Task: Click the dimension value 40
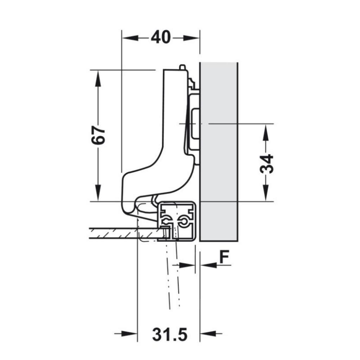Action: tap(161, 37)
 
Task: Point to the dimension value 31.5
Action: tap(169, 334)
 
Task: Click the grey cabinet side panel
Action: tap(219, 151)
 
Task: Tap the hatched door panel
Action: tap(116, 232)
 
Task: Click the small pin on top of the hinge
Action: tap(182, 66)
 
